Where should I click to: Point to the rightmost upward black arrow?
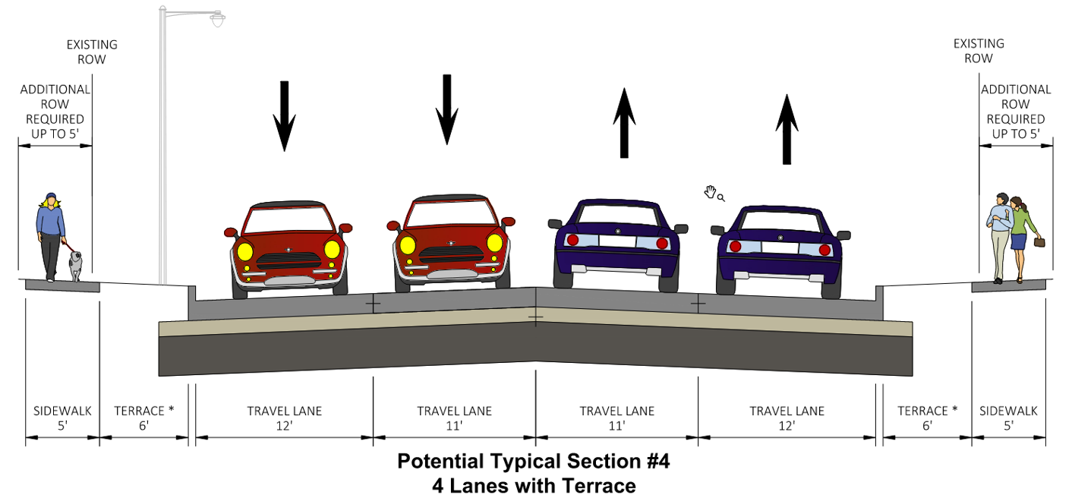coord(787,129)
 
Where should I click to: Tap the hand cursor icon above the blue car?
coord(713,193)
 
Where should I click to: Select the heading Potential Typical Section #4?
coord(534,462)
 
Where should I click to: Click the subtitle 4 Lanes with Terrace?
coord(534,485)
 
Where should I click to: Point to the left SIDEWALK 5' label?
coord(62,418)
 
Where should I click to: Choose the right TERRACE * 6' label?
coord(927,418)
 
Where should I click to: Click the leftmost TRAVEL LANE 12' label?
coord(284,418)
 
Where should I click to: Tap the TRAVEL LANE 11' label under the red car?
coord(454,418)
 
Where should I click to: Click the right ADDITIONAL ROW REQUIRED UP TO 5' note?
coord(1016,112)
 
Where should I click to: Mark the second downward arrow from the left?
coord(447,109)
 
